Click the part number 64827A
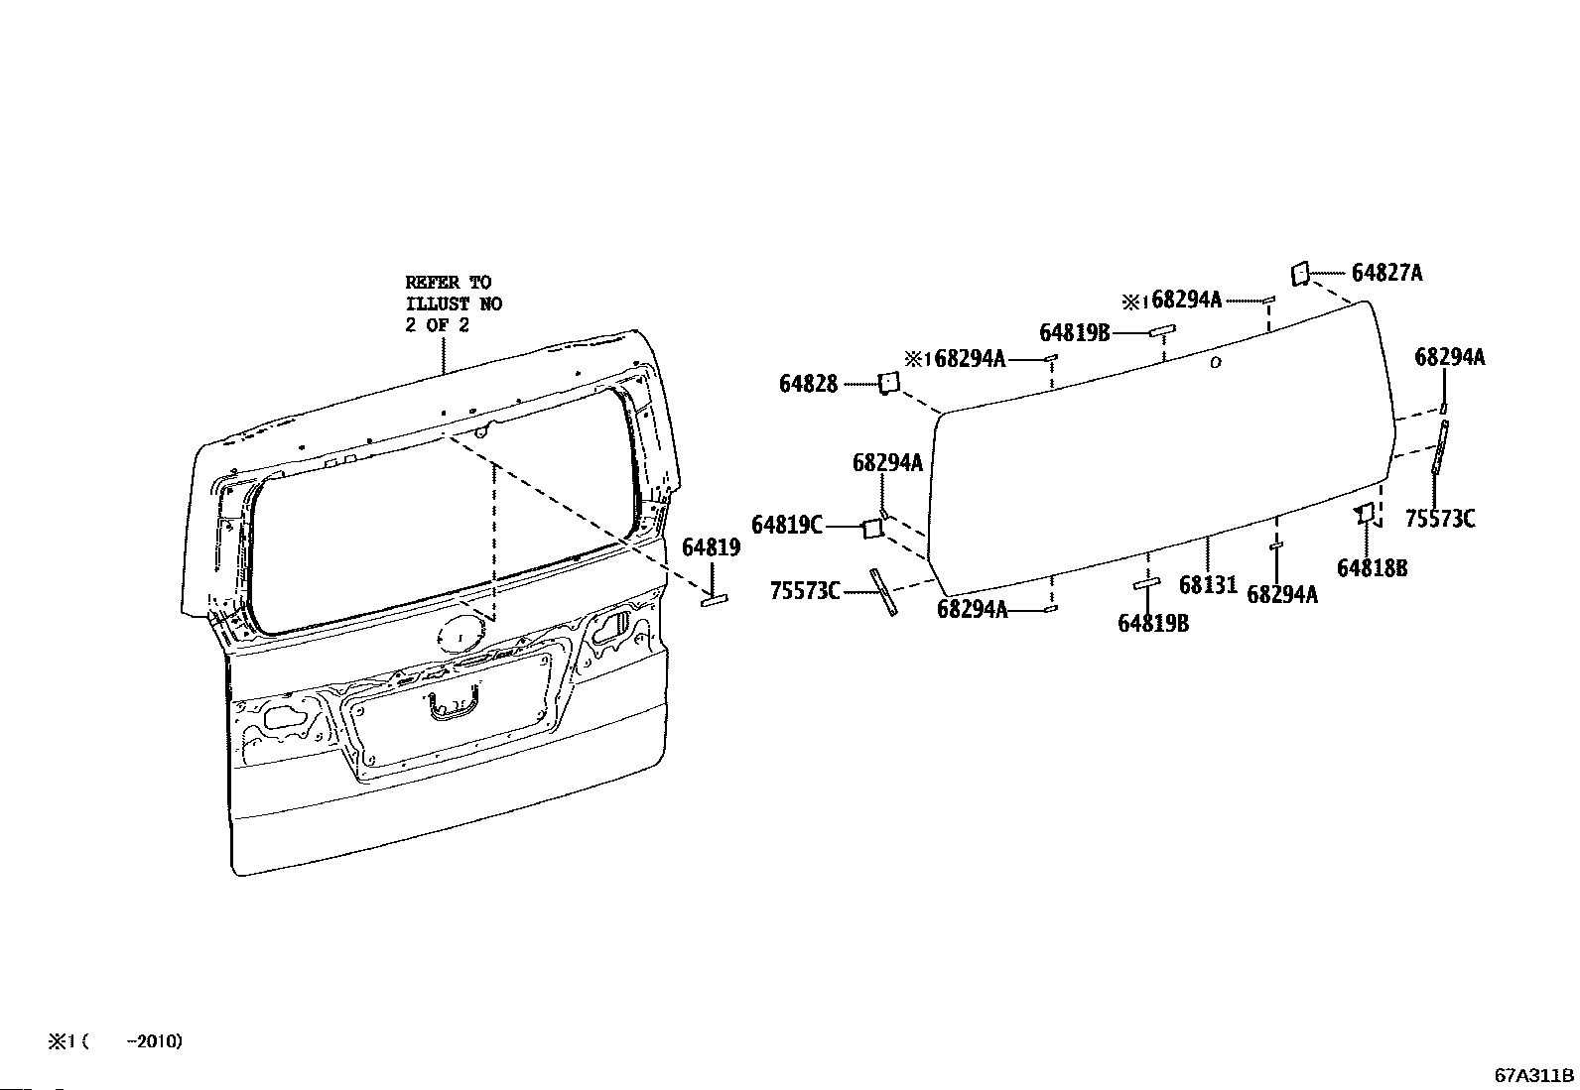1386,273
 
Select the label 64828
808,384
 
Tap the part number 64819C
786,526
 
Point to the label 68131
1208,584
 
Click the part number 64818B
1372,568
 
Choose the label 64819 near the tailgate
711,547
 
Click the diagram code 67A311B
1534,1075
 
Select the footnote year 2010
158,1040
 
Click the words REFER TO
448,283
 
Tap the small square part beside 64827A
1300,274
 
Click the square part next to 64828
889,383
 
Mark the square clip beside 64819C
873,528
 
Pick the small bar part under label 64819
714,600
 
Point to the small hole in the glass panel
1216,363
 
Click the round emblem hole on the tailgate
461,635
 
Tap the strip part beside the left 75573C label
884,592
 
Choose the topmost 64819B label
1074,333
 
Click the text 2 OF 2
437,325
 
